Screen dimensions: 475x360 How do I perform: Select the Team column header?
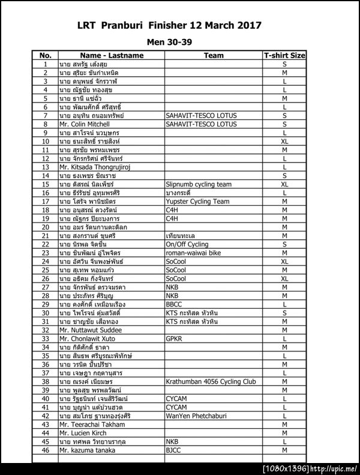point(214,55)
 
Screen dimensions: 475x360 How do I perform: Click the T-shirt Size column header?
point(284,55)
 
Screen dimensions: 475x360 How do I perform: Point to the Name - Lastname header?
point(110,55)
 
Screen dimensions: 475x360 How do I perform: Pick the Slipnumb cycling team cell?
point(198,184)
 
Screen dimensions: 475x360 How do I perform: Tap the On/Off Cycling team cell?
point(187,244)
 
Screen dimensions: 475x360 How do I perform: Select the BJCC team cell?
point(173,449)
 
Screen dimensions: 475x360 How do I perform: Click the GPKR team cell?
point(174,338)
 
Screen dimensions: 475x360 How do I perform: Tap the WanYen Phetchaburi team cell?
point(199,416)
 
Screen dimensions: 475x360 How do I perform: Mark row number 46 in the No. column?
point(46,449)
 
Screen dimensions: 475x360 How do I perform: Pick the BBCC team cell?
point(174,304)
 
